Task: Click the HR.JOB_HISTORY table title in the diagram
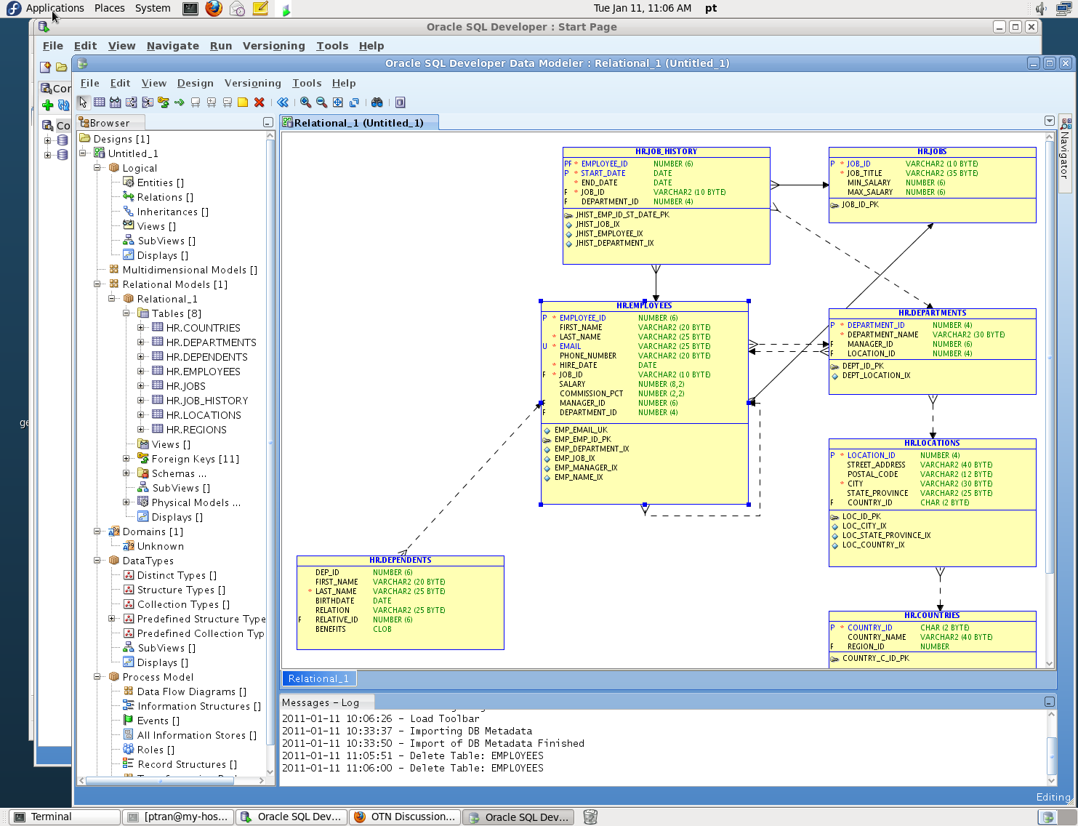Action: click(x=666, y=152)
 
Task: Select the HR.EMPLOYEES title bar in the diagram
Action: click(x=644, y=306)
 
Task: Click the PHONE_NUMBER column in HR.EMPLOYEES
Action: click(x=587, y=356)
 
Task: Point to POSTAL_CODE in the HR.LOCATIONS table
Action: click(x=872, y=475)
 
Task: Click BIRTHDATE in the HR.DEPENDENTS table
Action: click(x=334, y=601)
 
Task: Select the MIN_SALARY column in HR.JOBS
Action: click(x=869, y=183)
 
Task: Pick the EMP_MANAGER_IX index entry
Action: click(x=585, y=468)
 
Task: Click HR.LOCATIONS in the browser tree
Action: click(x=203, y=415)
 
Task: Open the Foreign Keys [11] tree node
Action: click(x=195, y=459)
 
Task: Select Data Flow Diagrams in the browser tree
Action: click(x=191, y=691)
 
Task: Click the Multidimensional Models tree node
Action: click(x=189, y=270)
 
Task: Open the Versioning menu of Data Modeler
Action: click(x=252, y=83)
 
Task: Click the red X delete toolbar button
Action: click(x=259, y=103)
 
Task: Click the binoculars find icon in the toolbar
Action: click(x=377, y=103)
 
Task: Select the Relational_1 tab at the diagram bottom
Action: click(x=318, y=678)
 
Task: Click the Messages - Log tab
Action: click(x=321, y=702)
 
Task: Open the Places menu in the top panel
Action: click(x=110, y=8)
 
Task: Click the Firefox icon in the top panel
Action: click(x=214, y=8)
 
